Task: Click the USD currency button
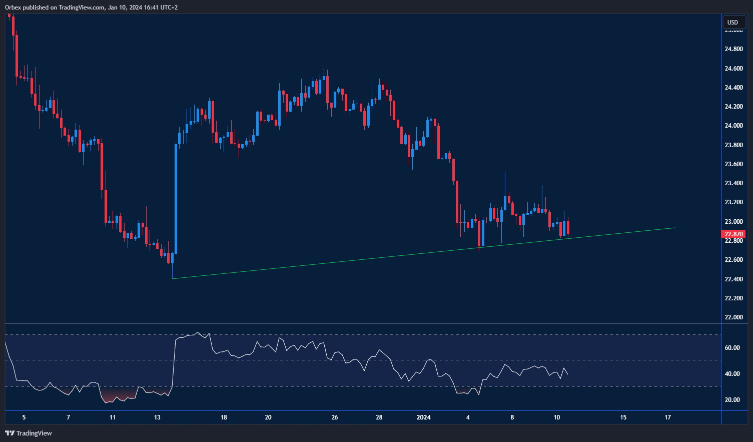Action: point(732,22)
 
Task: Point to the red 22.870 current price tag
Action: point(733,234)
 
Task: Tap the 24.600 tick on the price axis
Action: point(733,68)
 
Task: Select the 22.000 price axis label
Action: point(733,317)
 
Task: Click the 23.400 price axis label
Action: point(733,183)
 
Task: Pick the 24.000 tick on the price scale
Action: point(733,126)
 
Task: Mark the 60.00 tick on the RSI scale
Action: point(732,348)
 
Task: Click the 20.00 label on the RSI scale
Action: point(732,399)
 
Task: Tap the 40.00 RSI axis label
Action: point(732,374)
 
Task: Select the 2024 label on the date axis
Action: point(423,417)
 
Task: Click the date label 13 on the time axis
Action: point(157,417)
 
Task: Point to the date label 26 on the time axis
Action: point(335,417)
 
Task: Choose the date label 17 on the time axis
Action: point(667,417)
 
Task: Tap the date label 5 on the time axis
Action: point(24,417)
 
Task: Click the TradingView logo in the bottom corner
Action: point(29,433)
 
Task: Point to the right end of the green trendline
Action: point(675,228)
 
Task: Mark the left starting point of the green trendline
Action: point(172,279)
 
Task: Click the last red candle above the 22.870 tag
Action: point(568,228)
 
